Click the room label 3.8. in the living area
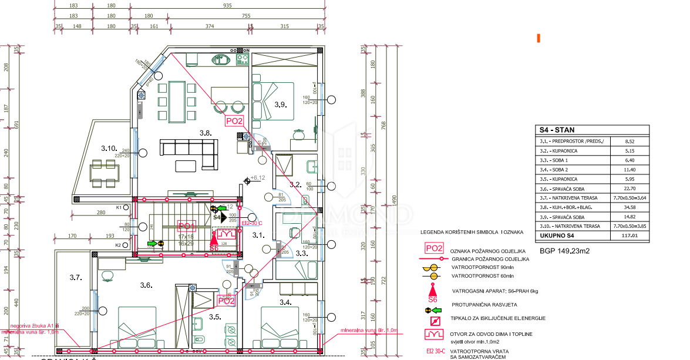pos(205,133)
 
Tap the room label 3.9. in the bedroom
pos(280,105)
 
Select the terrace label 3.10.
pos(109,149)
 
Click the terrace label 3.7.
pos(75,277)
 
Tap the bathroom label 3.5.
pos(214,317)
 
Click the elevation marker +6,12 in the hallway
pos(258,177)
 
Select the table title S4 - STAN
pos(557,130)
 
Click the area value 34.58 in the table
pos(630,207)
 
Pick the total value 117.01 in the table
pos(630,236)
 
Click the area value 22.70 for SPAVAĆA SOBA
pos(630,189)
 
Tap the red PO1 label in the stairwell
pos(186,226)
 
